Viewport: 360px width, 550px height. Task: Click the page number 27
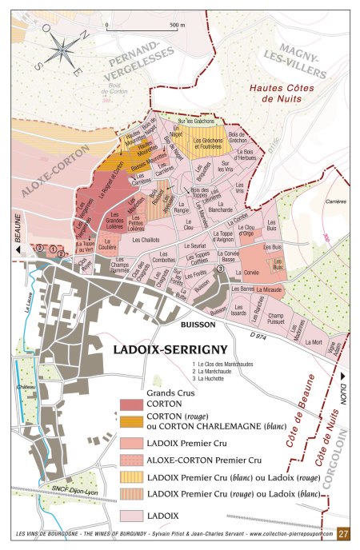pyautogui.click(x=344, y=534)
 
